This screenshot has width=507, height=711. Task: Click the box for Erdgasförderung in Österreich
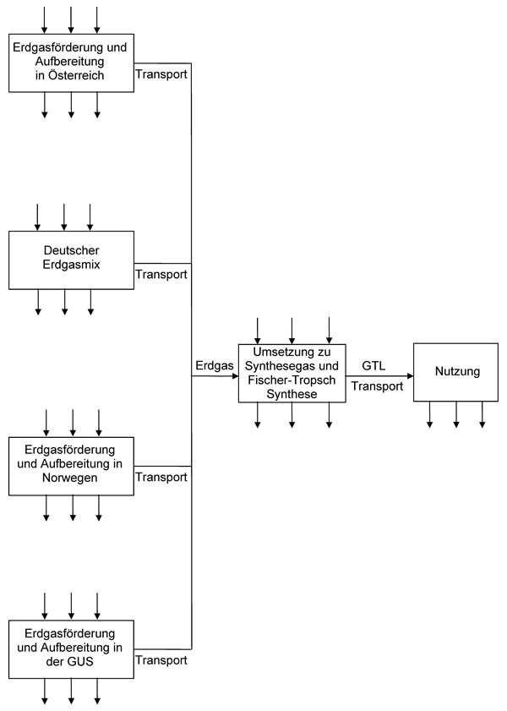(71, 63)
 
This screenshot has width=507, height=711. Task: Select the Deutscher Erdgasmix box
(71, 260)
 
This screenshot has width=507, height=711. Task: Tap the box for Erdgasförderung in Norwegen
(71, 465)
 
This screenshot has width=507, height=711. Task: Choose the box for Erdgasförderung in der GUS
(71, 648)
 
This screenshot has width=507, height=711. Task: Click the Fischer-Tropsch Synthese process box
(292, 372)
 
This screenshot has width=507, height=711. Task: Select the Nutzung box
(455, 371)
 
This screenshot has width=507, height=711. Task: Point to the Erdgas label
(213, 366)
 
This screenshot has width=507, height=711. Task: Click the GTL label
(373, 366)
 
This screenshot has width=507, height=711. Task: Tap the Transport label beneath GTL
(376, 386)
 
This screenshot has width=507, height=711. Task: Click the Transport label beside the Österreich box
(161, 74)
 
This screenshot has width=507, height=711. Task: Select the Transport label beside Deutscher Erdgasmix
(161, 274)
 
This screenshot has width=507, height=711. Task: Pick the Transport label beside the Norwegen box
(161, 477)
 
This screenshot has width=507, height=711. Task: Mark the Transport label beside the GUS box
(161, 660)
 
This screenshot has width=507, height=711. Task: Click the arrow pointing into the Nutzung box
(407, 376)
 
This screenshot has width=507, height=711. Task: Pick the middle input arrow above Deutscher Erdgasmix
(63, 216)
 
